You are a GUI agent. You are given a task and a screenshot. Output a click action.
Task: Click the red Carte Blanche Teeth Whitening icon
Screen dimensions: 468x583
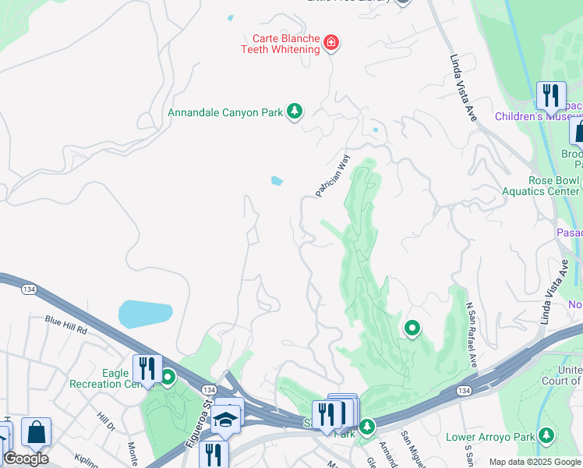click(331, 42)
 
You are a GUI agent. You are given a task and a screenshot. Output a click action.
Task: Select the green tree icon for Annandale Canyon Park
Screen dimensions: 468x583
click(294, 112)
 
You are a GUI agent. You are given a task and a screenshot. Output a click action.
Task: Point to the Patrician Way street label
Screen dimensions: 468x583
click(333, 176)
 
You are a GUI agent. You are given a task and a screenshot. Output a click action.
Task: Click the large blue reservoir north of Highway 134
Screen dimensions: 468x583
click(145, 314)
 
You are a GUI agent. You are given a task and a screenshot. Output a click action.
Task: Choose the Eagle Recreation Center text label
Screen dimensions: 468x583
click(101, 379)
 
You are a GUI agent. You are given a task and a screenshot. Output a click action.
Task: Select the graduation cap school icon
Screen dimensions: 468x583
click(226, 420)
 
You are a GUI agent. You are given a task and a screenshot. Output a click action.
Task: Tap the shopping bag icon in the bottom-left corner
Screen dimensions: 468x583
click(36, 432)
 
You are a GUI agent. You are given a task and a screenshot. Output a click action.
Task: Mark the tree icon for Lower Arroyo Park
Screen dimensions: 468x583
click(547, 435)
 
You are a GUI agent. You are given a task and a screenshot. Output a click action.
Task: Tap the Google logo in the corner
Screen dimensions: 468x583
click(26, 459)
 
